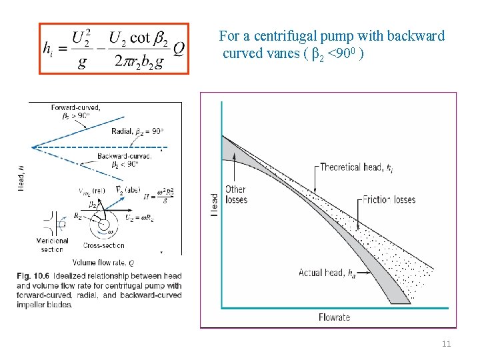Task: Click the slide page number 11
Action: [446, 344]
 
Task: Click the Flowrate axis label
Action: [334, 317]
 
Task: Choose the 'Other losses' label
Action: [237, 195]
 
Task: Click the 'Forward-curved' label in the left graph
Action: [75, 107]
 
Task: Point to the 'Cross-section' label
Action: [104, 245]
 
